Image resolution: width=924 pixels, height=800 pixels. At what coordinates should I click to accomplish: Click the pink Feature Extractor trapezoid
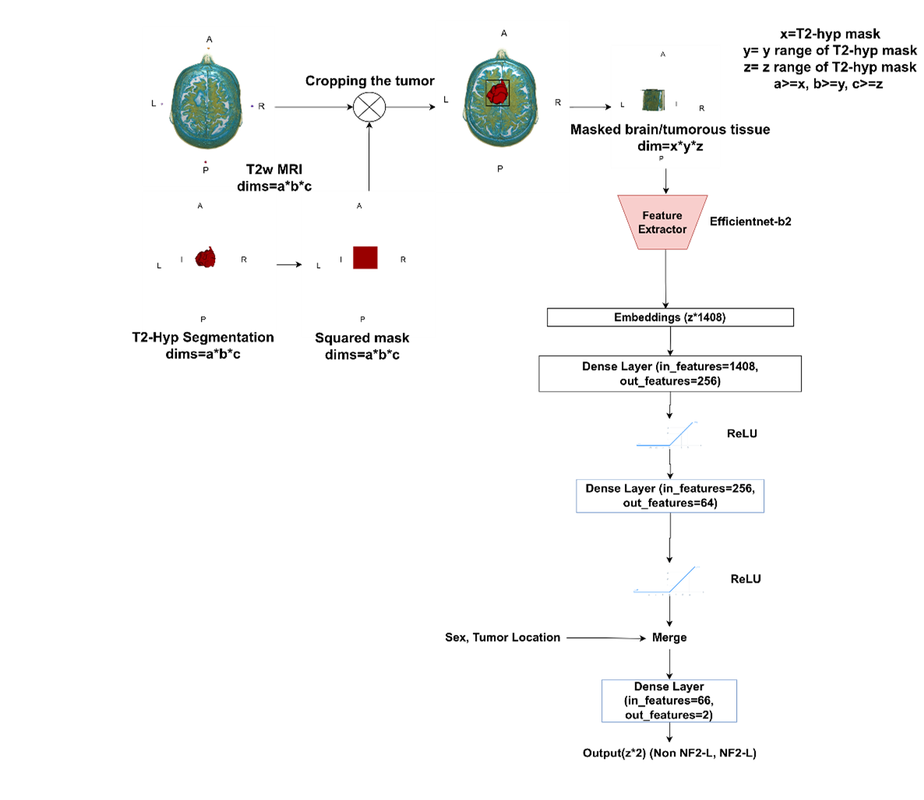[x=663, y=222]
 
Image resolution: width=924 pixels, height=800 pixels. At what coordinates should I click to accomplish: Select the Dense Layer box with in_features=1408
[x=670, y=374]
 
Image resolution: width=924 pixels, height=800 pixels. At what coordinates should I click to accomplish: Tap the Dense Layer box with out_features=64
[x=670, y=496]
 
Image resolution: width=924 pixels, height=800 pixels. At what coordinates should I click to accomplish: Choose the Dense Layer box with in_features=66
[x=669, y=701]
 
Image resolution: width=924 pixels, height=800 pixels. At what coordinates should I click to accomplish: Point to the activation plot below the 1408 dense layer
[x=670, y=435]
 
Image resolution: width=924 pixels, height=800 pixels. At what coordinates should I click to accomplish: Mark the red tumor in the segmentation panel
[x=206, y=258]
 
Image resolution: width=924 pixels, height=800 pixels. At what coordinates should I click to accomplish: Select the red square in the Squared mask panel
[x=365, y=257]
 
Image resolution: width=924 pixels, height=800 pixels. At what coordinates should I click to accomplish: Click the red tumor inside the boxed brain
[x=497, y=93]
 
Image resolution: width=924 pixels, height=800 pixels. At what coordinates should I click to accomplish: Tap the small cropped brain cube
[x=652, y=100]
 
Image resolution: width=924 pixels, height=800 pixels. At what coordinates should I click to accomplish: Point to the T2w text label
[x=258, y=169]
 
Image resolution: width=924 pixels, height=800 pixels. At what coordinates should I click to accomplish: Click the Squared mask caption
[x=363, y=336]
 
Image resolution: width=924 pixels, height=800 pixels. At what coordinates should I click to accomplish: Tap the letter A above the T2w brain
[x=209, y=39]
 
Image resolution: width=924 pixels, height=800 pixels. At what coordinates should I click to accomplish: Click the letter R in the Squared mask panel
[x=403, y=259]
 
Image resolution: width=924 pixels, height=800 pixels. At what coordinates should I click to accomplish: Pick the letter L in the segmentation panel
[x=159, y=266]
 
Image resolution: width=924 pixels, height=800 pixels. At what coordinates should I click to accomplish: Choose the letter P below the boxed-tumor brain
[x=500, y=168]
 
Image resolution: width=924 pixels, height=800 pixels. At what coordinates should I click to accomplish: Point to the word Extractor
[x=662, y=229]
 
